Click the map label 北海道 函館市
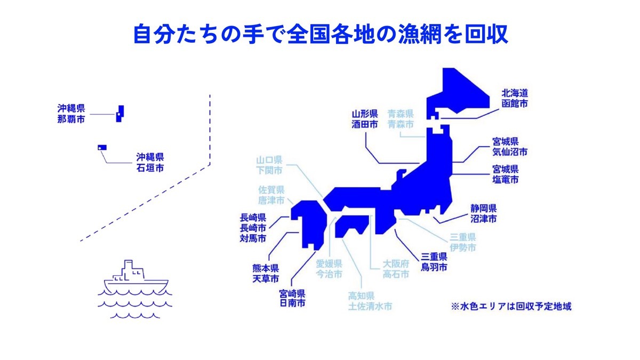pyautogui.click(x=515, y=98)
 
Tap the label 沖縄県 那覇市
pyautogui.click(x=71, y=114)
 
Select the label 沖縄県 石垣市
pyautogui.click(x=150, y=162)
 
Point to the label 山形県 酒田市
pyautogui.click(x=365, y=119)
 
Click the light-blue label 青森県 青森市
pyautogui.click(x=401, y=119)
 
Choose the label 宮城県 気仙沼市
pyautogui.click(x=510, y=147)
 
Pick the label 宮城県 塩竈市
pyautogui.click(x=505, y=174)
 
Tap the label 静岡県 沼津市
pyautogui.click(x=484, y=213)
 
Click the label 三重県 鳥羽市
pyautogui.click(x=434, y=262)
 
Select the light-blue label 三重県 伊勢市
pyautogui.click(x=462, y=242)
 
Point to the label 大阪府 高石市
pyautogui.click(x=396, y=269)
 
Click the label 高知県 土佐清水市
pyautogui.click(x=370, y=301)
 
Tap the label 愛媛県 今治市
pyautogui.click(x=329, y=269)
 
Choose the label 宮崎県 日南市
pyautogui.click(x=292, y=298)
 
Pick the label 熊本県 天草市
pyautogui.click(x=266, y=273)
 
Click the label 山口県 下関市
pyautogui.click(x=269, y=165)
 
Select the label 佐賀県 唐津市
pyautogui.click(x=271, y=195)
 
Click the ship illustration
pyautogui.click(x=136, y=277)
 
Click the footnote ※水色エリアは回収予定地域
pyautogui.click(x=511, y=307)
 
